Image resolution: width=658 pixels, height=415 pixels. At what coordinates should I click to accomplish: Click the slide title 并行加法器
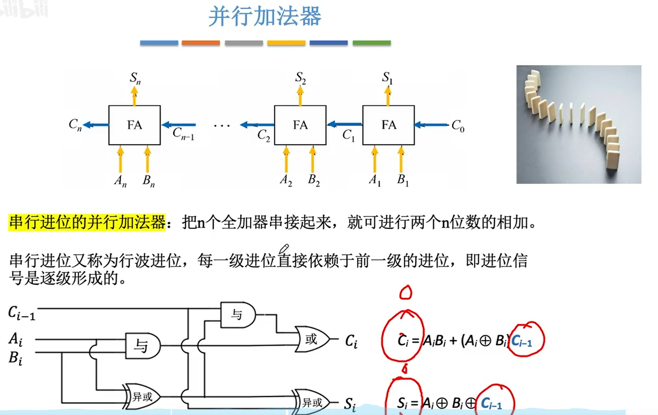pyautogui.click(x=265, y=17)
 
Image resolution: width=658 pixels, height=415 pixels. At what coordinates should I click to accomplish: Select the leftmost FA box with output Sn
pyautogui.click(x=135, y=125)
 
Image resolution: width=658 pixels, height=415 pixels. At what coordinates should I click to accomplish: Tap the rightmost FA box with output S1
pyautogui.click(x=388, y=125)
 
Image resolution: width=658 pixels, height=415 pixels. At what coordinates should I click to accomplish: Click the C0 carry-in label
pyautogui.click(x=458, y=126)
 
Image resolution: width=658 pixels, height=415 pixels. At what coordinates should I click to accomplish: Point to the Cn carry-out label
pyautogui.click(x=75, y=125)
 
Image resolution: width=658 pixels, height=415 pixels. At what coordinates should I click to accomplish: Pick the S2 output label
pyautogui.click(x=300, y=78)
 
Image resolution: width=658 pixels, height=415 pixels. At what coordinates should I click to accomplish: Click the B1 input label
pyautogui.click(x=403, y=180)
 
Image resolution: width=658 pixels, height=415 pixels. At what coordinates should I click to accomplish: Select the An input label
pyautogui.click(x=120, y=180)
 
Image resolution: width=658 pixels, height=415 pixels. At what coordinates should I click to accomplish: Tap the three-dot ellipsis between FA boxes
pyautogui.click(x=222, y=126)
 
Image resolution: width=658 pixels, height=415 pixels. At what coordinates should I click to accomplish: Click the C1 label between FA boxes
pyautogui.click(x=348, y=135)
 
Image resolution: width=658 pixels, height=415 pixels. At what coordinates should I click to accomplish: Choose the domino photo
pyautogui.click(x=578, y=124)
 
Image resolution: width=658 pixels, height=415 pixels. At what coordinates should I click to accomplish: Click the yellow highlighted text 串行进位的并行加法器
pyautogui.click(x=87, y=222)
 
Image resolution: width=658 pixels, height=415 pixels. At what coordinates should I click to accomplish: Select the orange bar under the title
pyautogui.click(x=200, y=43)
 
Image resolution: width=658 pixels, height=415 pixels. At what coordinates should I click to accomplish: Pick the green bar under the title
pyautogui.click(x=371, y=43)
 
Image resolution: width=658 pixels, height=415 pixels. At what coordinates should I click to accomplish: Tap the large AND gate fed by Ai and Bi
pyautogui.click(x=142, y=346)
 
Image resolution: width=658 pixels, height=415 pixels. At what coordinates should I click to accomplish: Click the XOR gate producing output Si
pyautogui.click(x=312, y=402)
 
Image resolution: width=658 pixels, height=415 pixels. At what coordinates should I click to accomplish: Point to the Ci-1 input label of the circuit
pyautogui.click(x=22, y=313)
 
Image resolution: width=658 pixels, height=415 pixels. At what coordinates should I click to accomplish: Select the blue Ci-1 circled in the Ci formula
pyautogui.click(x=522, y=341)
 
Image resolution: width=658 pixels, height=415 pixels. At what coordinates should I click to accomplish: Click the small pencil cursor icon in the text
pyautogui.click(x=284, y=249)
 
